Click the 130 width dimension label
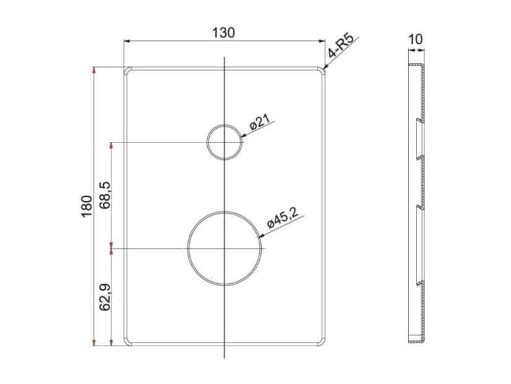223,33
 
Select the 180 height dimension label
87,206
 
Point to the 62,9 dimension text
105,297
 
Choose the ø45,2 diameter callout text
283,217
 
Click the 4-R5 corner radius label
341,46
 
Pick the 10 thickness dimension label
415,40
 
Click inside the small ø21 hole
225,142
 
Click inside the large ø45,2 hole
225,248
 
